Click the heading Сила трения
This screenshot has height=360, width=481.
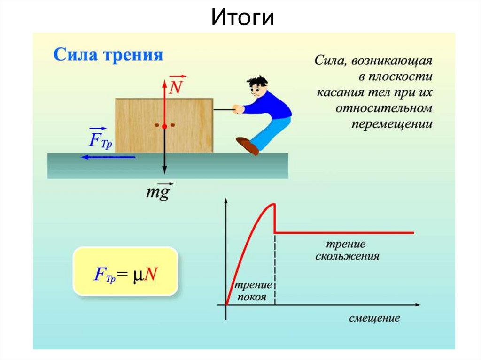(x=108, y=55)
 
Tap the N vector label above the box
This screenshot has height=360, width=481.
(x=177, y=86)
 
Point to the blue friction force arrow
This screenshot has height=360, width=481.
(x=108, y=157)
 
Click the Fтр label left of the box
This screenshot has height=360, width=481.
(x=100, y=138)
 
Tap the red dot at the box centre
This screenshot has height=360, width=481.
(x=164, y=126)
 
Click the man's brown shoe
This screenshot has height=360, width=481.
(x=248, y=146)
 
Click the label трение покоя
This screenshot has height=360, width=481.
(x=253, y=291)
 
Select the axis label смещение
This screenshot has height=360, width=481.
(x=374, y=318)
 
